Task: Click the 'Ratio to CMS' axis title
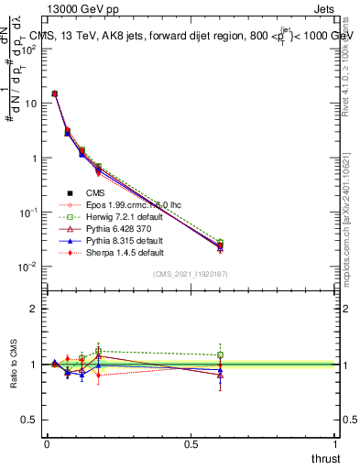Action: (x=14, y=364)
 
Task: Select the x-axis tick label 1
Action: (x=335, y=444)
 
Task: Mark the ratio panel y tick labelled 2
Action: (x=34, y=309)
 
